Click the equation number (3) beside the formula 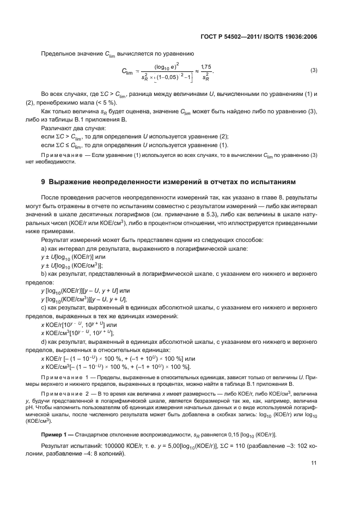coord(314,71)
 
